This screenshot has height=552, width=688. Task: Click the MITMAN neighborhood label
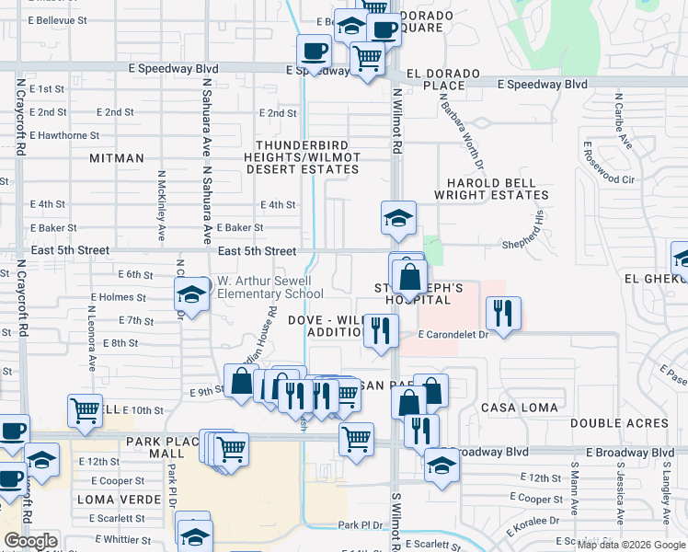click(117, 158)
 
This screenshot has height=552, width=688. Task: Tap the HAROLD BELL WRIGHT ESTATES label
click(497, 189)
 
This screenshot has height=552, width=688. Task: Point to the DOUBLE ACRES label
click(619, 423)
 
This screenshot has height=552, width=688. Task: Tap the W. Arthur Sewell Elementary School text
click(269, 287)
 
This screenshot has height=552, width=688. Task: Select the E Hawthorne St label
click(64, 135)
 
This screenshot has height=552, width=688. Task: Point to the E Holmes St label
click(119, 297)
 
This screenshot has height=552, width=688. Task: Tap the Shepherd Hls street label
click(524, 244)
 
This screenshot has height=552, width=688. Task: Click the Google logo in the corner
click(30, 541)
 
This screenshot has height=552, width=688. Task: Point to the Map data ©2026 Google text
click(631, 545)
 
